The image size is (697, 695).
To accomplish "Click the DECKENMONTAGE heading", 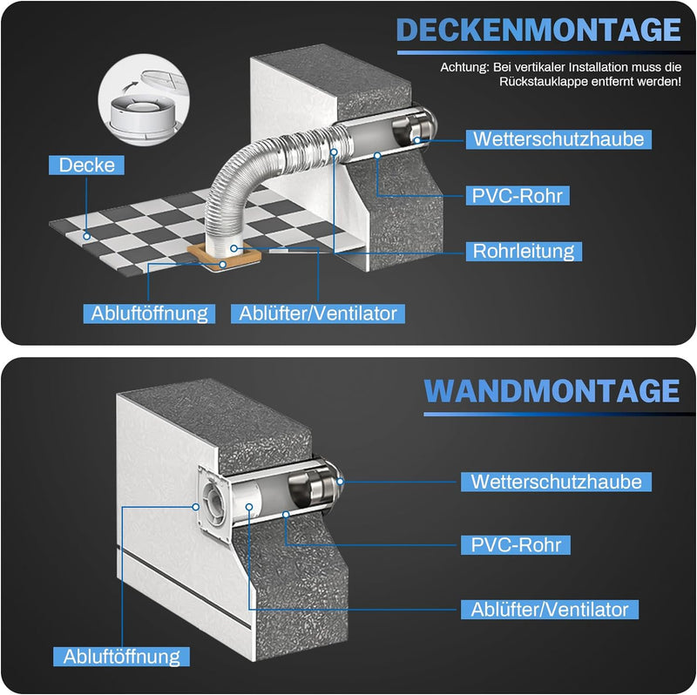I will click(x=538, y=30).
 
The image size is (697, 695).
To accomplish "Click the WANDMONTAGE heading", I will click(x=552, y=391).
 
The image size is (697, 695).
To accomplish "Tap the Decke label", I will click(x=87, y=165).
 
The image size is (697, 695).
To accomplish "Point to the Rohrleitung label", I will click(x=523, y=252).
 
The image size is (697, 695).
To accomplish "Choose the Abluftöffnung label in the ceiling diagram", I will click(x=149, y=313).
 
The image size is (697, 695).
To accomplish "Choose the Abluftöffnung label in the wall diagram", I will click(x=121, y=656).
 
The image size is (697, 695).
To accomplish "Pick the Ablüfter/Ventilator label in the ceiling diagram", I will click(x=319, y=313).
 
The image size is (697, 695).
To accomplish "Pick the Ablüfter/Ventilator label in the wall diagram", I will click(x=550, y=609).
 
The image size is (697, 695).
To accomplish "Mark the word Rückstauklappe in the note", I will click(x=547, y=83).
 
